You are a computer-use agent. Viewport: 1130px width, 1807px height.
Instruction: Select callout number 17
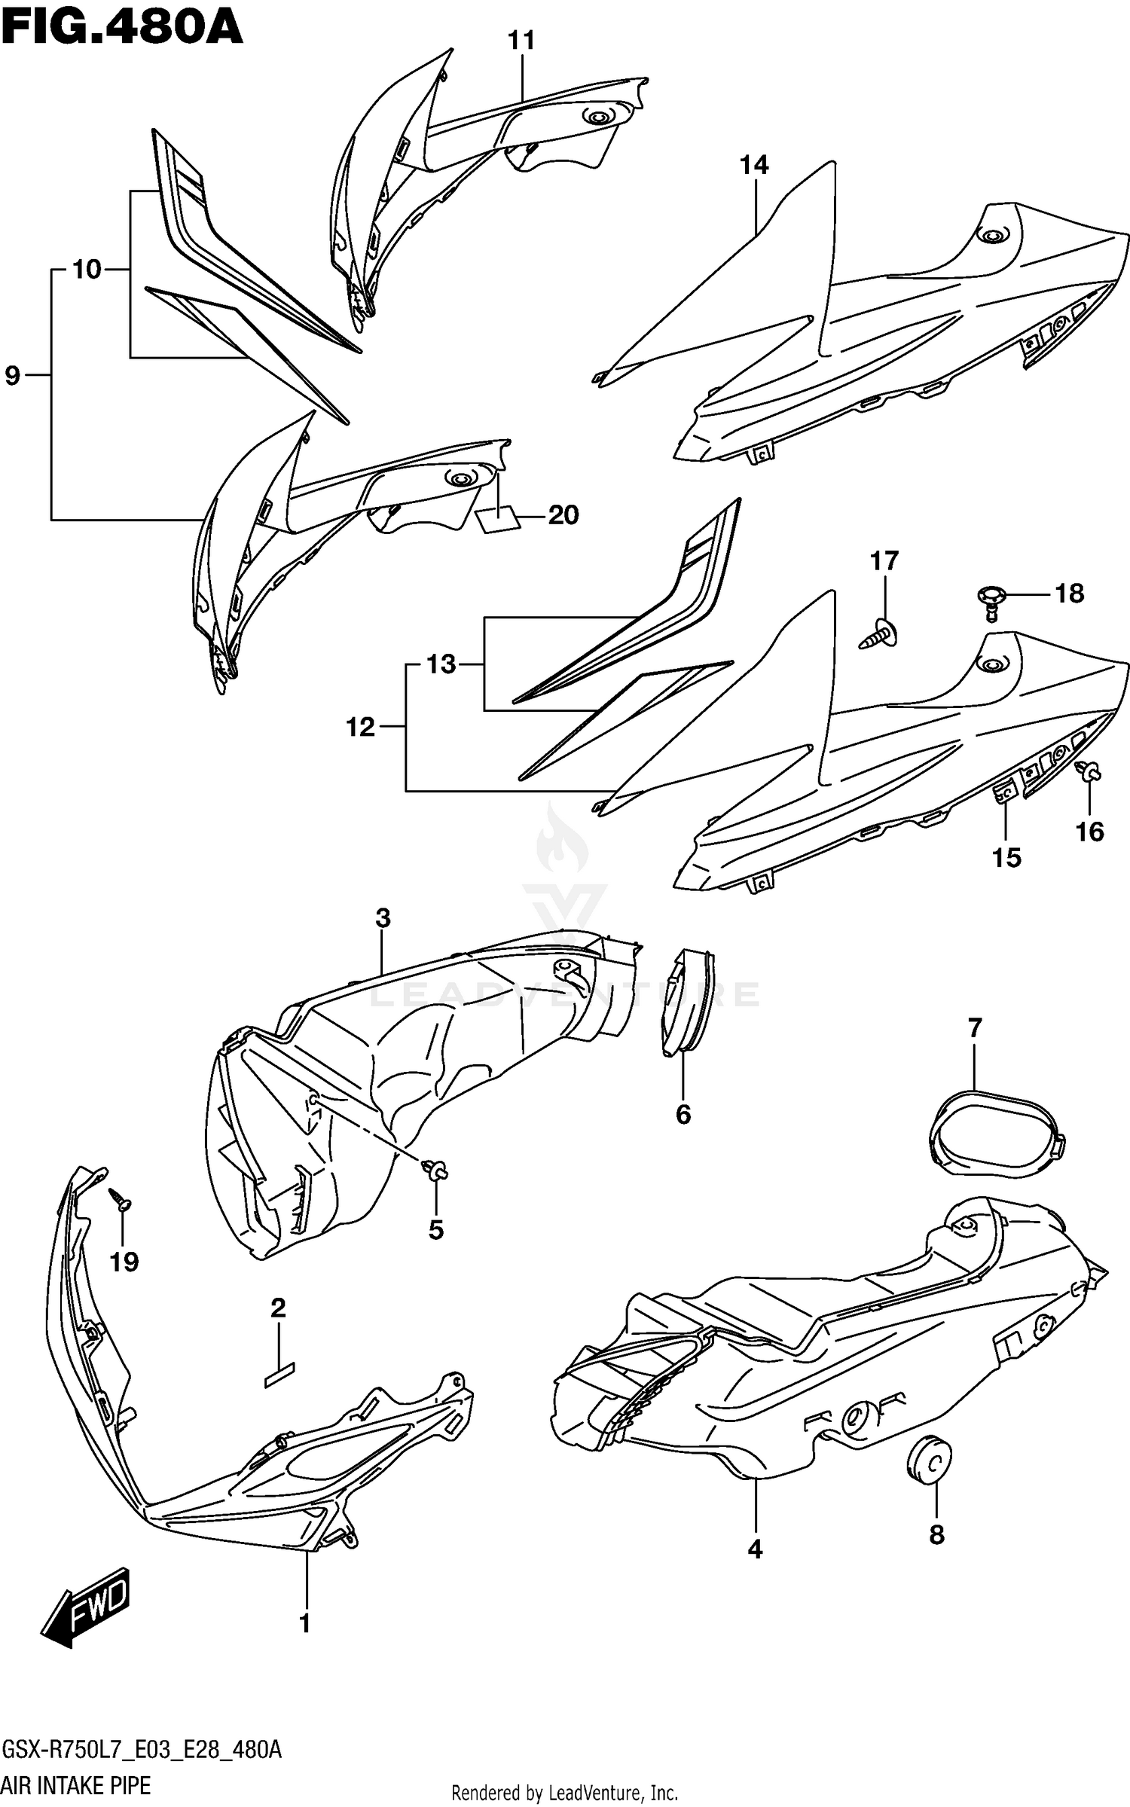(884, 561)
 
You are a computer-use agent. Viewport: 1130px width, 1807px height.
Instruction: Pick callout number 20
(563, 515)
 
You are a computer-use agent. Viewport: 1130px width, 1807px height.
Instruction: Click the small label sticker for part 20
(498, 520)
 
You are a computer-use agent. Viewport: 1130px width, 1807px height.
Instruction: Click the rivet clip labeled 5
(435, 1171)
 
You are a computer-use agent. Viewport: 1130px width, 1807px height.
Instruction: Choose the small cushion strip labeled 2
(279, 1375)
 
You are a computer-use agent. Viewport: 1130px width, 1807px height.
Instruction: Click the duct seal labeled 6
(686, 1001)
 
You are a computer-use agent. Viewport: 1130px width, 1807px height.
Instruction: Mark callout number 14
(754, 164)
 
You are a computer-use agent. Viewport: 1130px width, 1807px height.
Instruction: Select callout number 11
(521, 41)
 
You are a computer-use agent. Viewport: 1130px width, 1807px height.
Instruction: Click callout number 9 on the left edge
(12, 374)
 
